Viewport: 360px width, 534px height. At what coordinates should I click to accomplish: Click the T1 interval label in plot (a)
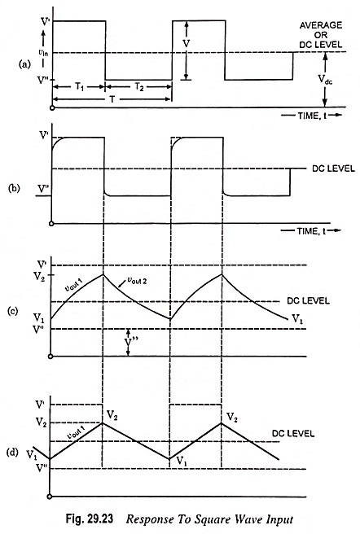(79, 87)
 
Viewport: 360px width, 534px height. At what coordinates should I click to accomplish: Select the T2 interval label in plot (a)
(138, 87)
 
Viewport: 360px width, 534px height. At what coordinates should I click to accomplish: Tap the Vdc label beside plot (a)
(325, 80)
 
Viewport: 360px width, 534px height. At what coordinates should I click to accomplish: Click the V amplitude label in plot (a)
(186, 44)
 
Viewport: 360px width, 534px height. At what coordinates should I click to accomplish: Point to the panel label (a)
(24, 64)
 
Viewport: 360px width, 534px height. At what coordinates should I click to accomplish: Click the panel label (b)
(14, 188)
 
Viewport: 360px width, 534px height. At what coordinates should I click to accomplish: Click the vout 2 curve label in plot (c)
(137, 281)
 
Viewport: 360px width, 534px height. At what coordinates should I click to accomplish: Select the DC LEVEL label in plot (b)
(333, 169)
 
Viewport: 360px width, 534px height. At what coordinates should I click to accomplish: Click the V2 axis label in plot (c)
(39, 275)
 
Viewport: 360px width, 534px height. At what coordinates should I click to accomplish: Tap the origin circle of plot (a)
(52, 108)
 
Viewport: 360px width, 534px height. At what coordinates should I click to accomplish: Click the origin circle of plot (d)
(50, 497)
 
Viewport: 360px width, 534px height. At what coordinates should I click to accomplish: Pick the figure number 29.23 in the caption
(99, 519)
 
